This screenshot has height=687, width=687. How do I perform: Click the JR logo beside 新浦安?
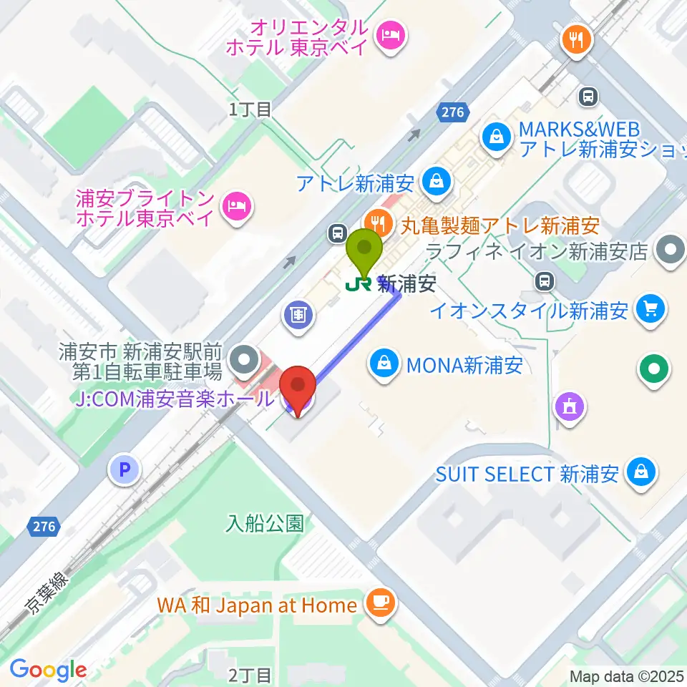[x=358, y=284]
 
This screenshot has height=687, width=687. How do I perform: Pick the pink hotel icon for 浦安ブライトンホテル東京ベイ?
[x=236, y=206]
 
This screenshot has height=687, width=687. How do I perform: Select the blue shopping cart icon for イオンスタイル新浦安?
[x=651, y=310]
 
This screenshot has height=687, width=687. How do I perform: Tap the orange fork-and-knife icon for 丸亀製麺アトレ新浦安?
[x=376, y=222]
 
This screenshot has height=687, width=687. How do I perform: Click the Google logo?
[x=48, y=671]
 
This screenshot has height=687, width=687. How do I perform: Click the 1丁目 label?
[x=250, y=109]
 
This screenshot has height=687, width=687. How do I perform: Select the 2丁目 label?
[x=250, y=674]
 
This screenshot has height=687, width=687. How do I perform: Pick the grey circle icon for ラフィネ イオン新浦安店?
[x=671, y=251]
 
